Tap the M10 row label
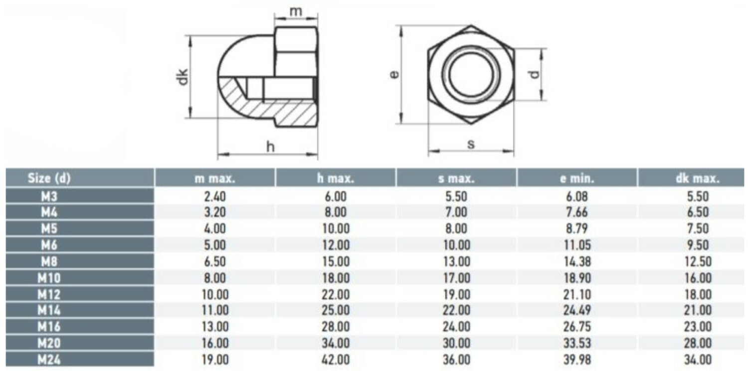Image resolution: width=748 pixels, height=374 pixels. (x=49, y=278)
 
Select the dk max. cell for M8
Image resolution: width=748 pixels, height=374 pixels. (x=698, y=261)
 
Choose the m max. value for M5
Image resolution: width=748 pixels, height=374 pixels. (x=215, y=229)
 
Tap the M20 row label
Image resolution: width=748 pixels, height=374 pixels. (x=49, y=344)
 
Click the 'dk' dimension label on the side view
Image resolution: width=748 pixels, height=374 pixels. (x=183, y=77)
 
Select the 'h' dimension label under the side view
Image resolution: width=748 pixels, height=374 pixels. (x=270, y=147)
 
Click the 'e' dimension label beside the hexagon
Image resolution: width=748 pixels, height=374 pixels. (x=394, y=75)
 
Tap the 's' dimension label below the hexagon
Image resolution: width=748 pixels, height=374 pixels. (x=470, y=144)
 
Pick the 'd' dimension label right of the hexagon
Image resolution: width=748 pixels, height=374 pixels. (x=535, y=75)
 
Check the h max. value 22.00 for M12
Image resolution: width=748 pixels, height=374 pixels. (x=336, y=294)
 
